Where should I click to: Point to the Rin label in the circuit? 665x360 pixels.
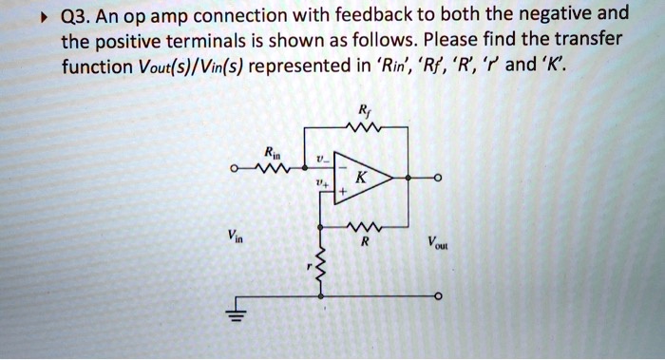click(272, 153)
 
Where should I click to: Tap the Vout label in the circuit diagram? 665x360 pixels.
click(438, 243)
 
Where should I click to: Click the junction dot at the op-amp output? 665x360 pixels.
click(409, 177)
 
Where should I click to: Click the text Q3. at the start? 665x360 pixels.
click(80, 16)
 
